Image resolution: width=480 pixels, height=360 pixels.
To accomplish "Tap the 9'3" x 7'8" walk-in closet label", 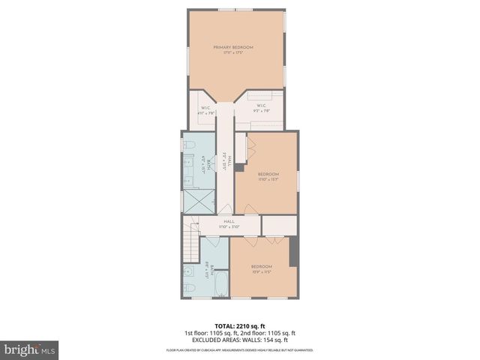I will coord(261,109).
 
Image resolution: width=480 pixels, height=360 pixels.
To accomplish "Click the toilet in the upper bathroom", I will coord(190,145).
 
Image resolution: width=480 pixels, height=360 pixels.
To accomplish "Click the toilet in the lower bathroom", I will coord(189,287).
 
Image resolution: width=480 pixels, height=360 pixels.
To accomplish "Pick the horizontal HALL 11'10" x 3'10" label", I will coord(228,224).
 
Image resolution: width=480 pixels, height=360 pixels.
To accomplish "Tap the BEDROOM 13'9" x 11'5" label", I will coord(260,268).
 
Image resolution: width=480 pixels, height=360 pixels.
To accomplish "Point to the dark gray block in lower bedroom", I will coord(295,251).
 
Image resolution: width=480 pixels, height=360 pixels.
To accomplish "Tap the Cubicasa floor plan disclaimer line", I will coord(240,350).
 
